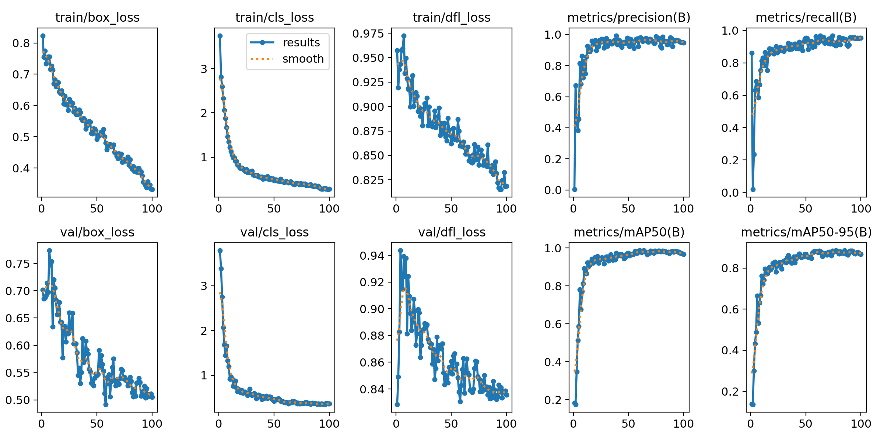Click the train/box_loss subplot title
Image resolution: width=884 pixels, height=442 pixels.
[x=97, y=18]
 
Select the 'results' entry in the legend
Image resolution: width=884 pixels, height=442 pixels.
[x=301, y=43]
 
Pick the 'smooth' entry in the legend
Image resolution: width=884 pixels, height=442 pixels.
[x=303, y=59]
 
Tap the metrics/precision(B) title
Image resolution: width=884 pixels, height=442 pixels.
[x=629, y=18]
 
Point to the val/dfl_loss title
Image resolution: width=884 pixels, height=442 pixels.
[x=452, y=232]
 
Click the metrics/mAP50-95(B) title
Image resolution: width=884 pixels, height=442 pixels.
[x=806, y=232]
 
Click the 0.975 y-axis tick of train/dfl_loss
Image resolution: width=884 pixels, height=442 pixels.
[x=368, y=34]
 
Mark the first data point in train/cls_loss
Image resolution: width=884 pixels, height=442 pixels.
[x=220, y=36]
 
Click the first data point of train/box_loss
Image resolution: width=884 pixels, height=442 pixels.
[x=43, y=36]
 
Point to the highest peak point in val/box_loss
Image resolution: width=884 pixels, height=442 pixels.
[x=49, y=250]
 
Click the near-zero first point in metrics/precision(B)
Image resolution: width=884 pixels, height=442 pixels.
[x=575, y=189]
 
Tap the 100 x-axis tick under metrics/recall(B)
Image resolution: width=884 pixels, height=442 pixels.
[x=861, y=209]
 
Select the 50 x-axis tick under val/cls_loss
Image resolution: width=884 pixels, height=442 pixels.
[x=274, y=424]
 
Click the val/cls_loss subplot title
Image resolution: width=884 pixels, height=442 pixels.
[x=274, y=232]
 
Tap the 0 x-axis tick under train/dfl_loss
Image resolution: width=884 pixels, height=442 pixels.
[x=396, y=209]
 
